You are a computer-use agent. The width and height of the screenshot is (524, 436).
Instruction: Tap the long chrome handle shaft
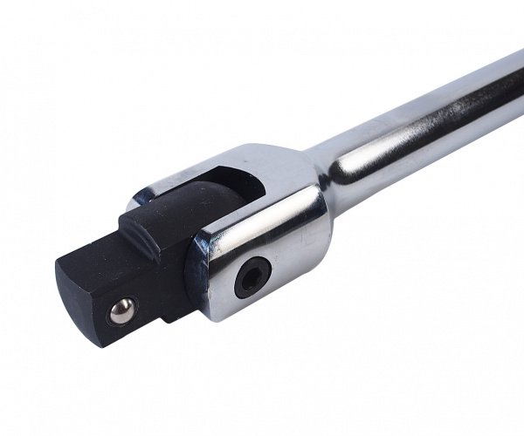click(419, 122)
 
